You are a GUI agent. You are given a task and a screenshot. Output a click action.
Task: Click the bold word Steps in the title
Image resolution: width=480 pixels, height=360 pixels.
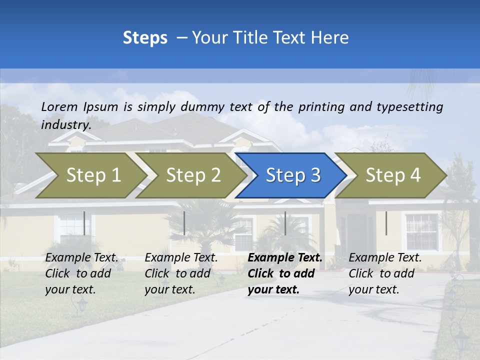(x=145, y=38)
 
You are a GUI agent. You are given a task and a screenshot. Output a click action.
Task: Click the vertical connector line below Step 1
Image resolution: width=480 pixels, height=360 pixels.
(x=84, y=223)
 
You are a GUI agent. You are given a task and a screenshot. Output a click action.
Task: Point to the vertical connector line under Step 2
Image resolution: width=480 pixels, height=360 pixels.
(x=184, y=223)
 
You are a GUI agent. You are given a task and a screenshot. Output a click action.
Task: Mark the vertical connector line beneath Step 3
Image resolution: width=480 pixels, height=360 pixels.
(x=285, y=223)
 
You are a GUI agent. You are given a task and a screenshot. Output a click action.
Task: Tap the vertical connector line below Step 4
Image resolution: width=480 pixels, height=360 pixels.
(x=386, y=223)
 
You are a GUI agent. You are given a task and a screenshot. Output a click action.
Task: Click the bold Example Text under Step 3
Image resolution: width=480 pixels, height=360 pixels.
(x=285, y=258)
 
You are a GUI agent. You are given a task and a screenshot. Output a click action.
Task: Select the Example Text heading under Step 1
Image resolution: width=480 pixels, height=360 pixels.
(x=81, y=258)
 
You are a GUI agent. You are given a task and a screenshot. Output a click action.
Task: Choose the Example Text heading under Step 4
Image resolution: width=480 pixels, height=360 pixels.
(x=385, y=258)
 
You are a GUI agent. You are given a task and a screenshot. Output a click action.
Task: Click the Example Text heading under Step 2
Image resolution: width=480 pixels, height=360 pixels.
(x=181, y=258)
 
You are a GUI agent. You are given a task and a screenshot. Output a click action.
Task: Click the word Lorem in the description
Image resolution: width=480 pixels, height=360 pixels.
(x=59, y=106)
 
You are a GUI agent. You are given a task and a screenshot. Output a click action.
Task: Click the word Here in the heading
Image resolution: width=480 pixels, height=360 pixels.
(x=330, y=38)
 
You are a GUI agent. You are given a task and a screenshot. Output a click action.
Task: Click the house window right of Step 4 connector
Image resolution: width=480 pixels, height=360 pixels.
(x=421, y=231)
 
